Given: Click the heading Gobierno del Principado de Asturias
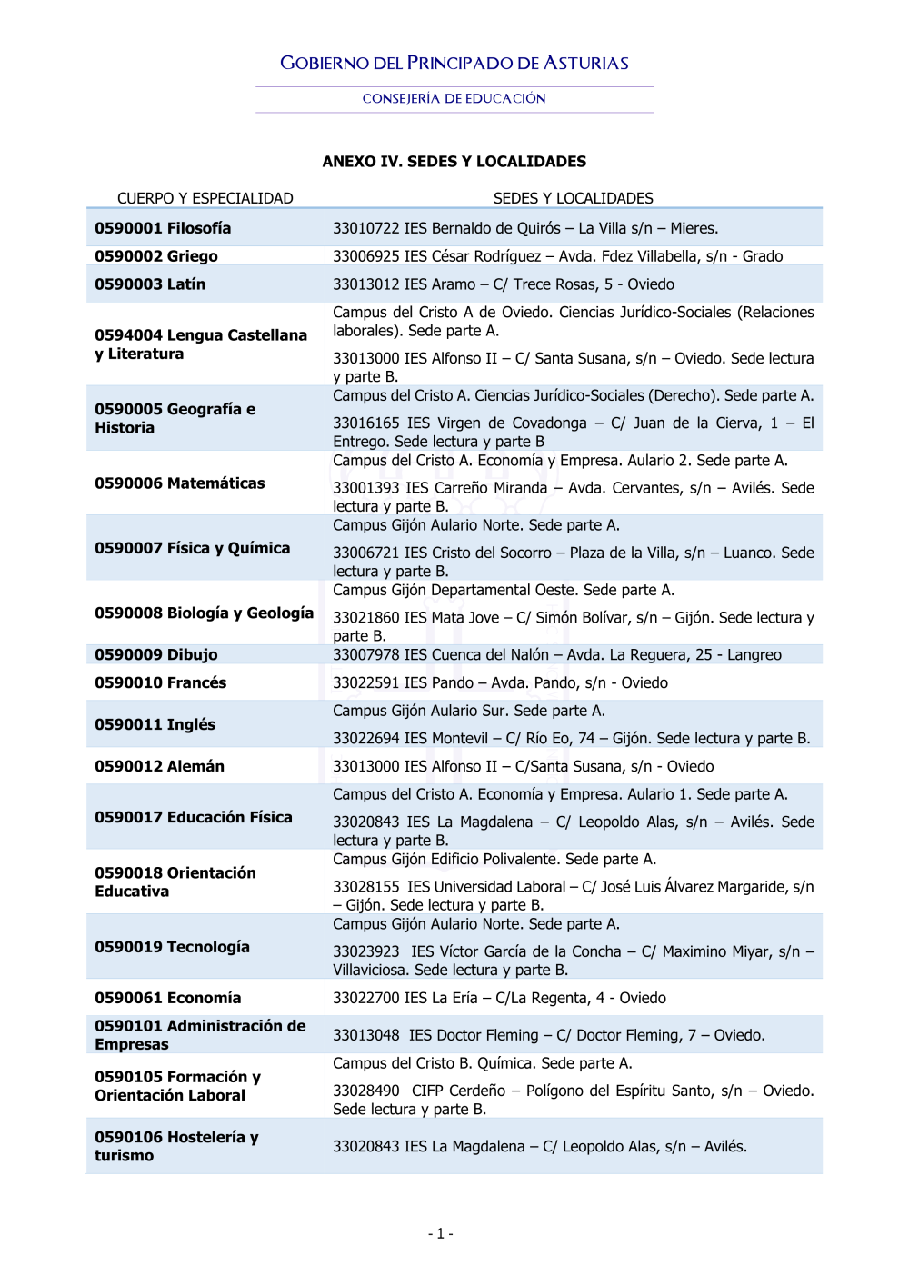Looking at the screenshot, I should pos(454,63).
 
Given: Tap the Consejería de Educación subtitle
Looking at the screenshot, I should pos(454,98).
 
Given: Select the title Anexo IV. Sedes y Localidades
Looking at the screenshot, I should pos(454,162).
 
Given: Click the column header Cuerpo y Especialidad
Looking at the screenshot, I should pos(205,198).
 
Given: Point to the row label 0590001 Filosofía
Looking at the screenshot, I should pos(163,228).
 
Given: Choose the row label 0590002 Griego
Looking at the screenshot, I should pos(156,256).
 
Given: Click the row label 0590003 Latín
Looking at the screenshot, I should pos(150,284).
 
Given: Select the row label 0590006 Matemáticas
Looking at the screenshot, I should pos(180,483).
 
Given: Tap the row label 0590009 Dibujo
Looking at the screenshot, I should pos(156,654).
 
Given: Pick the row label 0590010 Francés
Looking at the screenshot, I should pos(161,682).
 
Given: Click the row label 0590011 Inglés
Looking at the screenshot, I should pos(155,724).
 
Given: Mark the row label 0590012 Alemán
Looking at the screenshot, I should pos(160,766).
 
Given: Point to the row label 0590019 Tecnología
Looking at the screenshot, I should pos(172,947).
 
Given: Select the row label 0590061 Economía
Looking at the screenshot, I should pos(168,998).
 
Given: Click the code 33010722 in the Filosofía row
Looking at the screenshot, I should pos(365,228).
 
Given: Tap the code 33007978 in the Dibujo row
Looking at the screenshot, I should pos(365,654).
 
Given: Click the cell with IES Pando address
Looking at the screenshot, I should pos(500,682).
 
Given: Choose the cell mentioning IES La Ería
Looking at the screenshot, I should pos(499,998).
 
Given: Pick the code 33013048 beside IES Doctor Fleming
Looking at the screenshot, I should pos(365,1035).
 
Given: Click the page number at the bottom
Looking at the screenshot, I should pos(441,1233).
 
